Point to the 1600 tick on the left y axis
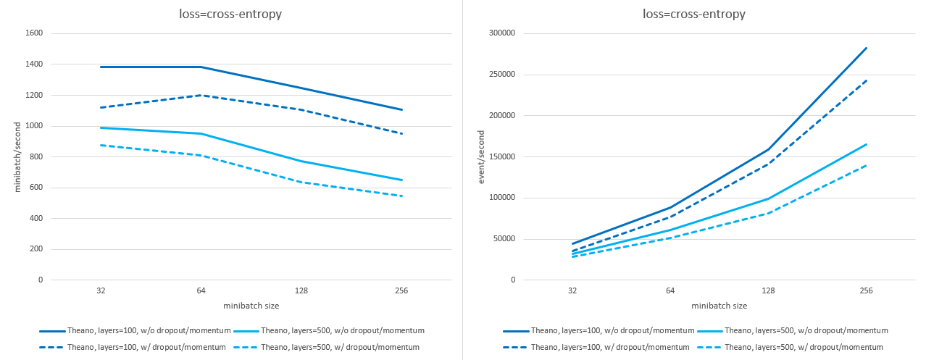coord(33,33)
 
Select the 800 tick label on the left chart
coord(36,156)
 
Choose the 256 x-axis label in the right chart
coord(866,291)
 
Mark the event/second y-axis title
coord(480,156)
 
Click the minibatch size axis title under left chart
coord(251,306)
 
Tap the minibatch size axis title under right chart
coord(719,306)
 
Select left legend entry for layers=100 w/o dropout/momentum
coord(143,330)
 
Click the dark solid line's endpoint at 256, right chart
coord(866,48)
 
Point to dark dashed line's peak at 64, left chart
coord(201,95)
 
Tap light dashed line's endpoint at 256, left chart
coord(401,196)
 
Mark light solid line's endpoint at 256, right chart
coord(866,144)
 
